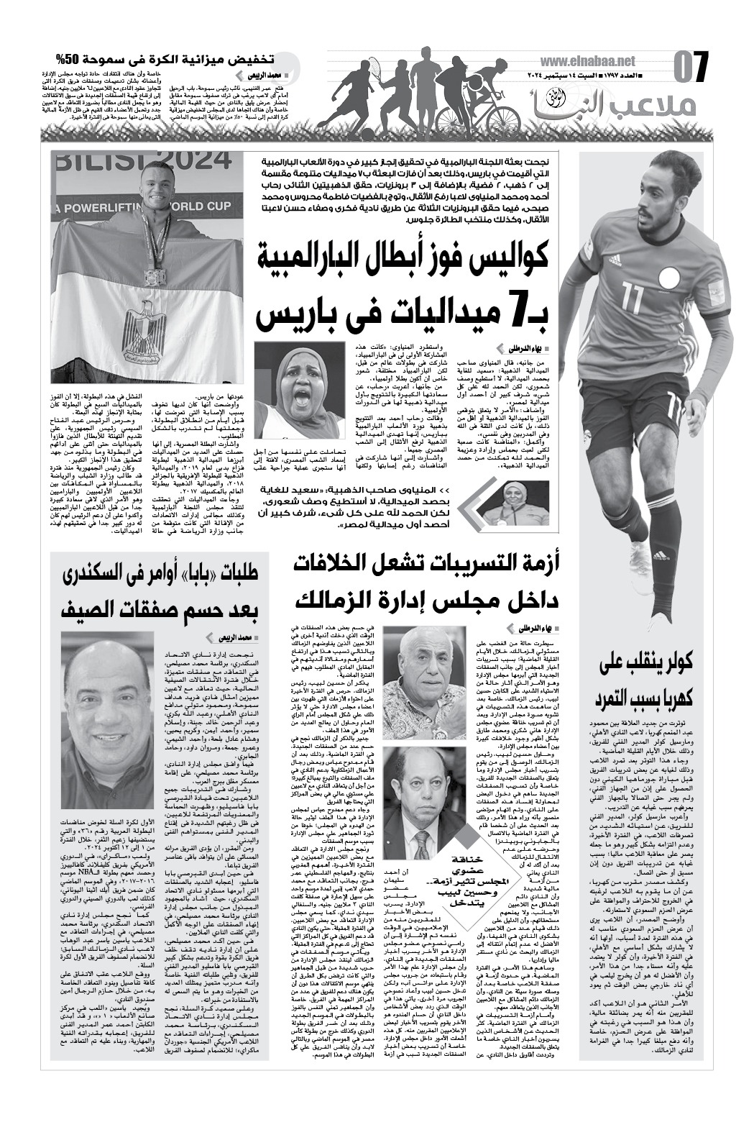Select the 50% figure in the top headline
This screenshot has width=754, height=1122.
tap(68, 59)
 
